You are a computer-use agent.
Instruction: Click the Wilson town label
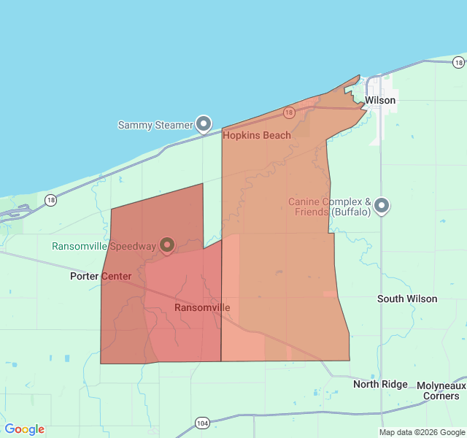click(x=380, y=100)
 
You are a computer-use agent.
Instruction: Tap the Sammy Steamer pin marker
click(x=204, y=123)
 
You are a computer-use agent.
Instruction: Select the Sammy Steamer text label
click(x=155, y=125)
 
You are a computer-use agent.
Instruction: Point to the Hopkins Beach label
click(x=256, y=135)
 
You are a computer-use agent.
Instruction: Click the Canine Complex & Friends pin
click(x=382, y=207)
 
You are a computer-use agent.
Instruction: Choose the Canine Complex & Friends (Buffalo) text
click(x=330, y=207)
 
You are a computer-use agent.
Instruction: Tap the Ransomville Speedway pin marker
click(x=167, y=245)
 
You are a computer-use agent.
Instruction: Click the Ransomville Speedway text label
click(x=104, y=246)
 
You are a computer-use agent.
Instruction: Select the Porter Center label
click(x=101, y=276)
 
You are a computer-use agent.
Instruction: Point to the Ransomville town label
click(x=202, y=307)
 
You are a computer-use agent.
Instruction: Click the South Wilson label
click(x=407, y=299)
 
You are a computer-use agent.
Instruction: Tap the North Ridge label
click(x=380, y=384)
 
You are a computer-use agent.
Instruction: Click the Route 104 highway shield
click(x=202, y=423)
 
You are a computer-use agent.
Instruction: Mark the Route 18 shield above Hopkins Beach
click(x=289, y=112)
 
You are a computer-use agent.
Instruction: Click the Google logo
click(x=24, y=429)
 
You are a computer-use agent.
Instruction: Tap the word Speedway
click(x=134, y=246)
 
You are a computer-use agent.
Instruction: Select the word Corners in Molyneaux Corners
click(x=441, y=396)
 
